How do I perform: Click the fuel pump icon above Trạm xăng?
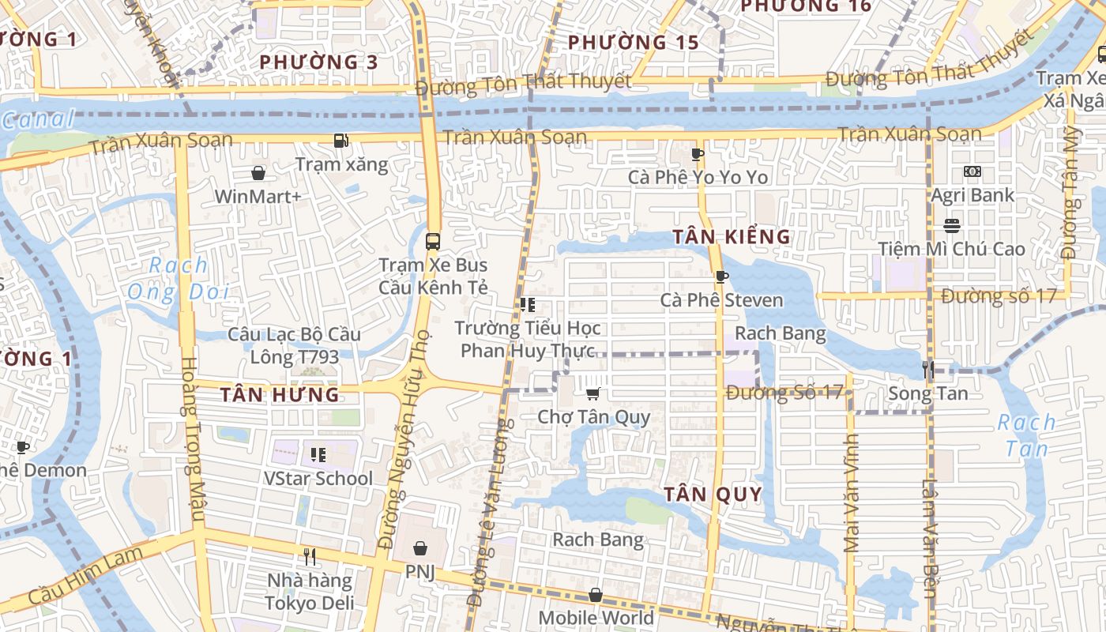pyautogui.click(x=340, y=141)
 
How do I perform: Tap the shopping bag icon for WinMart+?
pyautogui.click(x=258, y=172)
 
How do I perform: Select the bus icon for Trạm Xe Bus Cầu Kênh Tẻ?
pyautogui.click(x=432, y=241)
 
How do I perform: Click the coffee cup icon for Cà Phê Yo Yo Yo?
pyautogui.click(x=697, y=153)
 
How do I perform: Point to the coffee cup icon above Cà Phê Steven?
pyautogui.click(x=720, y=276)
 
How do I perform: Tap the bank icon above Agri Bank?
pyautogui.click(x=972, y=171)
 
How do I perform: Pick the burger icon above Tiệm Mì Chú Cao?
pyautogui.click(x=951, y=226)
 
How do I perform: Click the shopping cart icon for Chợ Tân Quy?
pyautogui.click(x=593, y=393)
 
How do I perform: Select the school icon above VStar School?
pyautogui.click(x=318, y=454)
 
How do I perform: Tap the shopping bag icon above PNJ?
pyautogui.click(x=420, y=547)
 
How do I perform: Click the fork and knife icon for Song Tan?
pyautogui.click(x=928, y=369)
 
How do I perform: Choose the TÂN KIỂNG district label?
pyautogui.click(x=732, y=236)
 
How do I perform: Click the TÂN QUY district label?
pyautogui.click(x=713, y=495)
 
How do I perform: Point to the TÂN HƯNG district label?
pyautogui.click(x=280, y=394)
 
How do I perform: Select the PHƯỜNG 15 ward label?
pyautogui.click(x=634, y=42)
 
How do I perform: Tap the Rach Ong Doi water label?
pyautogui.click(x=179, y=278)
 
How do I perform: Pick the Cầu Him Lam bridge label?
pyautogui.click(x=87, y=574)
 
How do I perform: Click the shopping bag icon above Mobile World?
pyautogui.click(x=596, y=595)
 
